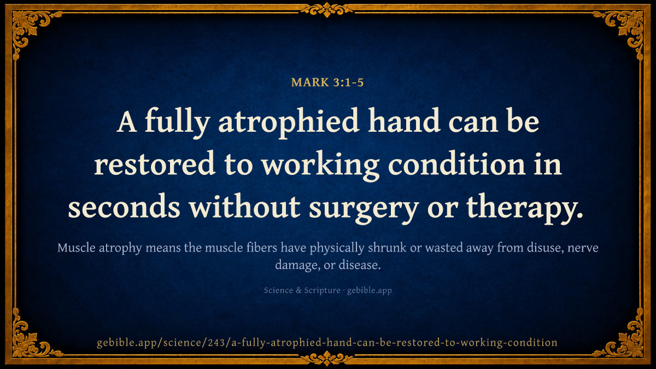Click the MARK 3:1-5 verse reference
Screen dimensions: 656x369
tap(327, 83)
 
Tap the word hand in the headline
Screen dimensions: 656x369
tap(404, 120)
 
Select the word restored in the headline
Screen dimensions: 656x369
tap(155, 163)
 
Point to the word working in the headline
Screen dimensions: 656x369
tap(320, 166)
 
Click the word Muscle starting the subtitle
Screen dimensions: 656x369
tap(77, 248)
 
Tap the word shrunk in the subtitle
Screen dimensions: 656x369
tap(387, 248)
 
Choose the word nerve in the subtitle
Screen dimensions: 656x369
tap(583, 249)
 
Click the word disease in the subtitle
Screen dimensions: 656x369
tap(360, 265)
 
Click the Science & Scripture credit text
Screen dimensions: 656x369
tap(302, 290)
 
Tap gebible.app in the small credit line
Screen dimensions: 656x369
tap(370, 290)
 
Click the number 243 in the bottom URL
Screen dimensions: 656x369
tap(216, 342)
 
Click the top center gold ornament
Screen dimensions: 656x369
tap(327, 9)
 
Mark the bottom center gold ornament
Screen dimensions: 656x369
tap(327, 358)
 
